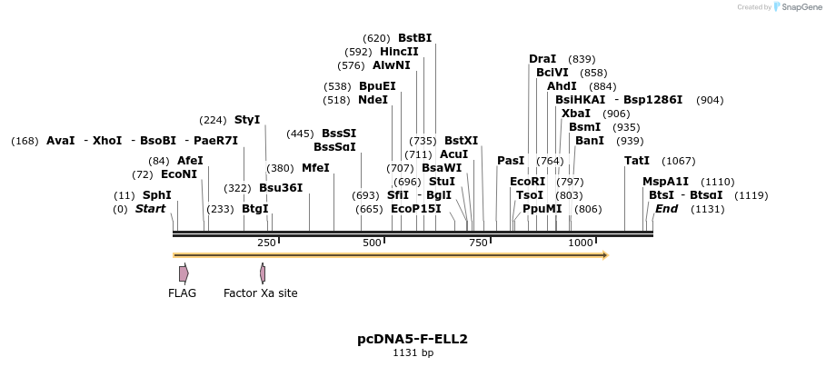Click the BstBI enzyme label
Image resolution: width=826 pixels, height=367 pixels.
(414, 38)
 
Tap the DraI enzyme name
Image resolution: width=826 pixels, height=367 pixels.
(542, 59)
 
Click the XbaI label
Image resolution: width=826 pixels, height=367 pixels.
(575, 114)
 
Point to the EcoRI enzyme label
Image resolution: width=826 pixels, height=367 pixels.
(527, 181)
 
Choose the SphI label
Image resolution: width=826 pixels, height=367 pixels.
(156, 195)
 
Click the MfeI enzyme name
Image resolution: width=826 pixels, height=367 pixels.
(315, 168)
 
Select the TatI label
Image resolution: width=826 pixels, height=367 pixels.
(637, 161)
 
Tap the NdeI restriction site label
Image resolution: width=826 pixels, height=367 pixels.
(373, 100)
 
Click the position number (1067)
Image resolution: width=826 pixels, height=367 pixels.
(678, 161)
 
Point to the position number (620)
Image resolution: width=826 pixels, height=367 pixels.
(376, 38)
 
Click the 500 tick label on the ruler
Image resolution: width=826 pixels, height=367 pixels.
(372, 243)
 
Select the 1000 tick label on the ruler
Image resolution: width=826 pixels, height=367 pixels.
(581, 243)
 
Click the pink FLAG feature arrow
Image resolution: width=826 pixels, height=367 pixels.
(184, 273)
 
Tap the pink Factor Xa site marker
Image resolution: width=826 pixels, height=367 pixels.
(262, 273)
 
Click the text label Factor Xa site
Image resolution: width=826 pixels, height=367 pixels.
(260, 293)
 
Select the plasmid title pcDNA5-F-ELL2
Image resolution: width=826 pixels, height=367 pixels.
(413, 339)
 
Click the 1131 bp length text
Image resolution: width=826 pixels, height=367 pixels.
(413, 352)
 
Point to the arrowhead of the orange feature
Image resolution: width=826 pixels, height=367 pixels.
(603, 255)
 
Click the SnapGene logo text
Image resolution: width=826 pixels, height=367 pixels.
(800, 7)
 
